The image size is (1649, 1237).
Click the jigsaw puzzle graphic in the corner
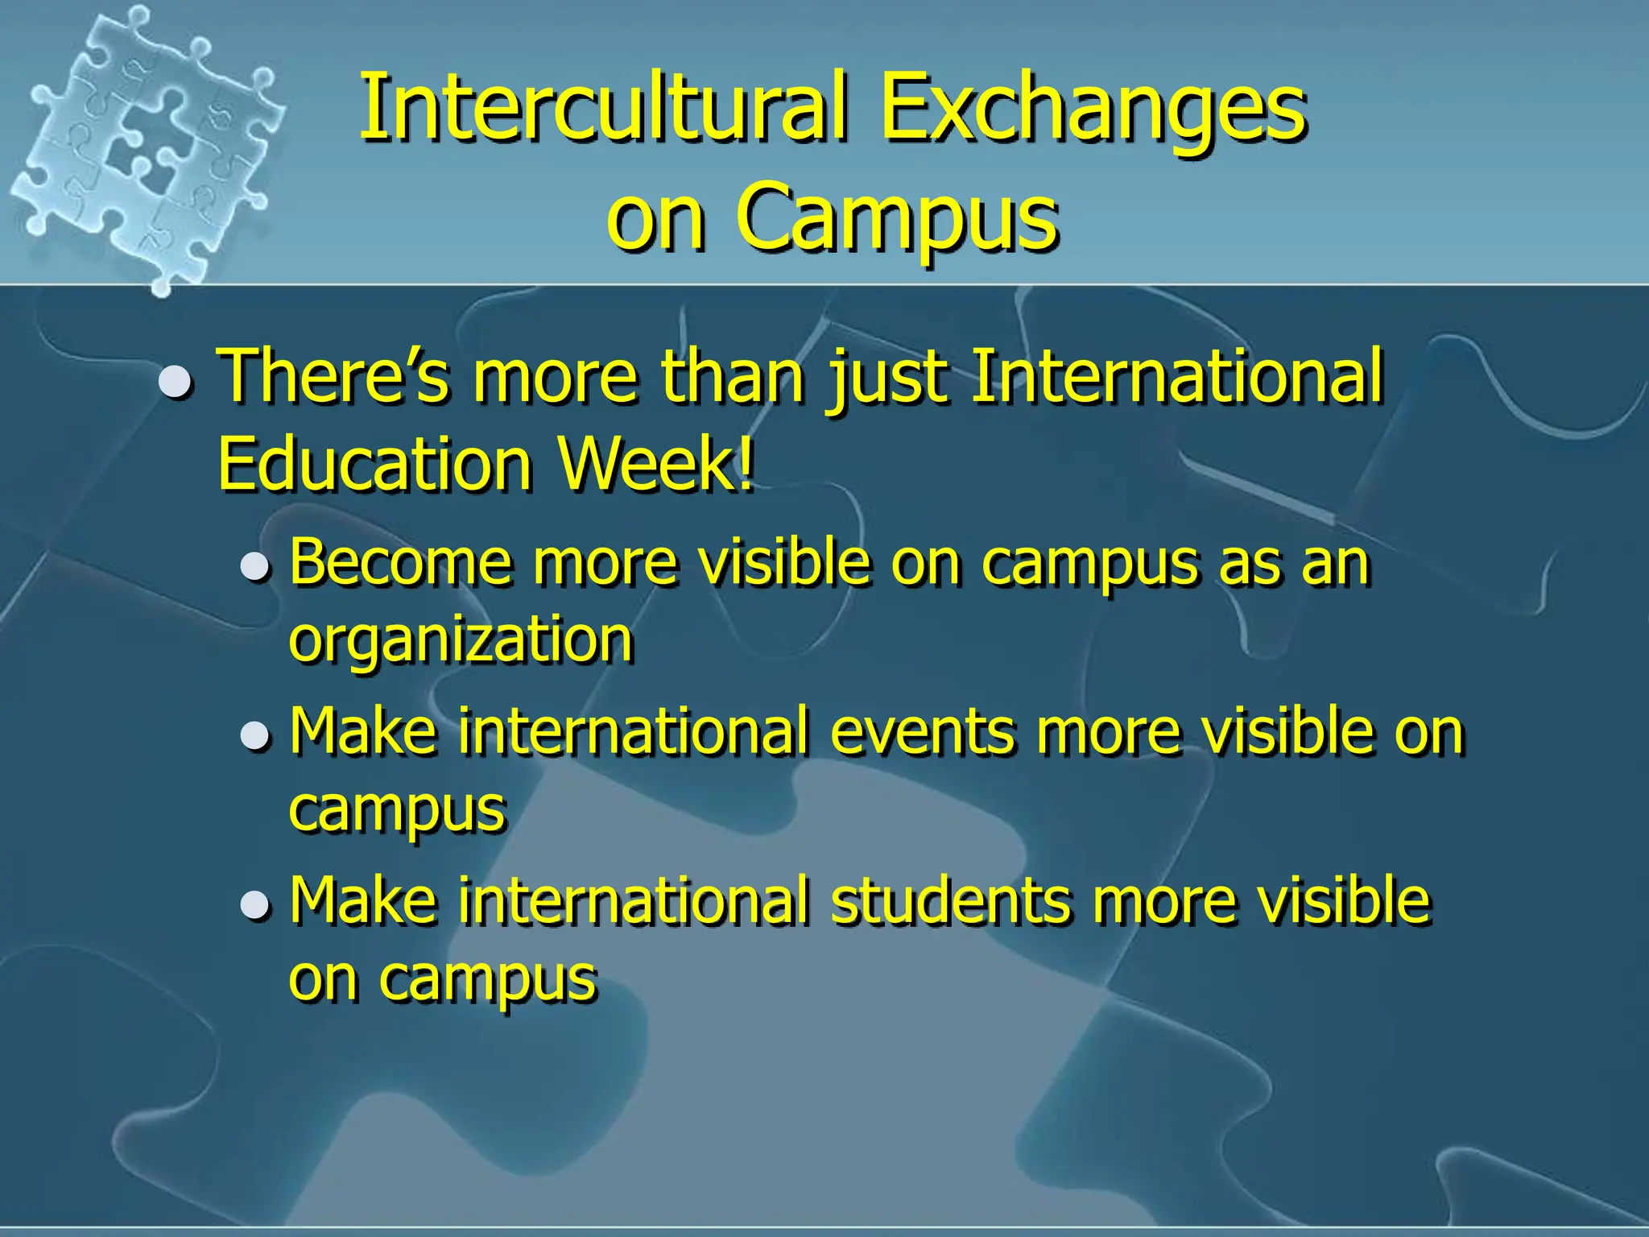pyautogui.click(x=145, y=145)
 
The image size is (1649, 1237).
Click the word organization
pyautogui.click(x=461, y=639)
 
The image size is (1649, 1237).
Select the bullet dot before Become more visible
pyautogui.click(x=255, y=566)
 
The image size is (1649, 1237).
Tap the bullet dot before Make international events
pyautogui.click(x=255, y=735)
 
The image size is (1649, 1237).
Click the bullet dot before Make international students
pyautogui.click(x=255, y=905)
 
